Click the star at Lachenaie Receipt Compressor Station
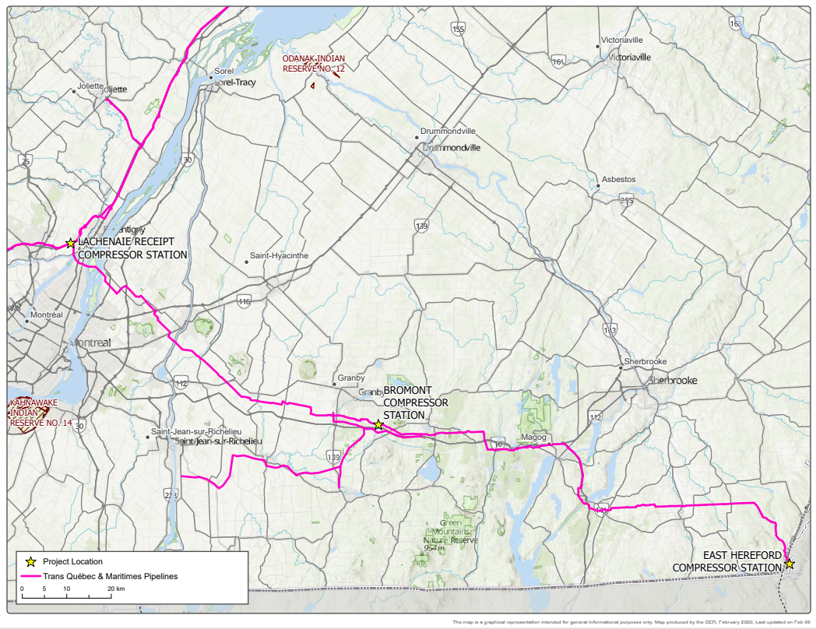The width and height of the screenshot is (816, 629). pos(70,244)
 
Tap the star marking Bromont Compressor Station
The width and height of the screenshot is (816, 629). pos(378,425)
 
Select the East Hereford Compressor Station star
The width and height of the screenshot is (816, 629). pos(790,564)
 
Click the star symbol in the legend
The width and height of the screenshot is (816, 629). pos(30,561)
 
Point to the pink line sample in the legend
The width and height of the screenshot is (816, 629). pos(30,577)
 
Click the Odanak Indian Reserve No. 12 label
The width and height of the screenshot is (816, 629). pos(313,64)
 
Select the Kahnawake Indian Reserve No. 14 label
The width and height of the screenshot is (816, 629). pos(40,412)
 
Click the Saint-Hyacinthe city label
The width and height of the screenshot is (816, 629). pos(279,255)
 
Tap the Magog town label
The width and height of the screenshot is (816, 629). pos(533,437)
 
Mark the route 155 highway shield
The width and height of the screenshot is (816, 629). pos(458,29)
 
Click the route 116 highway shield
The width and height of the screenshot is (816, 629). pos(244,300)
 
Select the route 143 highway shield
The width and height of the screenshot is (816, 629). pos(610,330)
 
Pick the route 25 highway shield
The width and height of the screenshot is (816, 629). pos(26,161)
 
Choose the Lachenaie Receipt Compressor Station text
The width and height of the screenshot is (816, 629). pos(132,248)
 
